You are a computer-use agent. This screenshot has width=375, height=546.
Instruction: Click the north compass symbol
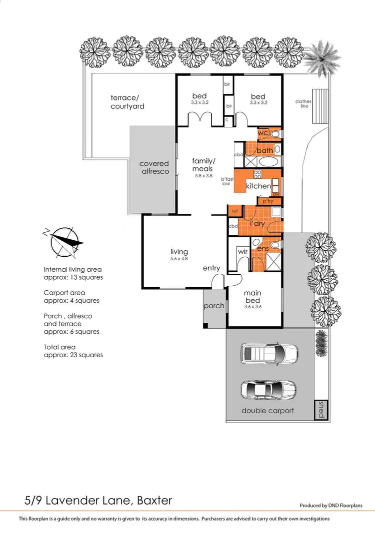63,241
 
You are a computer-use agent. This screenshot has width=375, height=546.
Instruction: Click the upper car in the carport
269,354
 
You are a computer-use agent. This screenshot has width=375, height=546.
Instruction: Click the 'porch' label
214,306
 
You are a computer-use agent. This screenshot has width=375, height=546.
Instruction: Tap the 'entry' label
211,268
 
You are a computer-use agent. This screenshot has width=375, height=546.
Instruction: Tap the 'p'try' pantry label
264,201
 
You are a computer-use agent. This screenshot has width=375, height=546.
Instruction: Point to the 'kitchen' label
258,186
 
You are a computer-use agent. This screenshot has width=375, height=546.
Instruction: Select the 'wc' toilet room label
263,133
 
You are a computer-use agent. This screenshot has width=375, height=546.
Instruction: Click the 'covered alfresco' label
154,167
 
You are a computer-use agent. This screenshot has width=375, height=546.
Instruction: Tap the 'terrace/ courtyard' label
127,101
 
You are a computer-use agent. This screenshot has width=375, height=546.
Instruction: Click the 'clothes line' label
303,104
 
